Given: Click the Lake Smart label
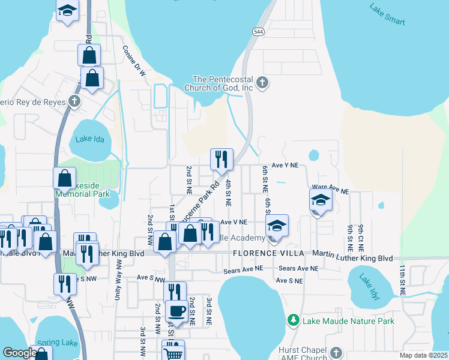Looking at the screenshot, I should [388, 14].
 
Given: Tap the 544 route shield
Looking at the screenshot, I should [257, 32].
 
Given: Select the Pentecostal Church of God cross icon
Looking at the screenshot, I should [262, 83].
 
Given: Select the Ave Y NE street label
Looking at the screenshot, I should [285, 165].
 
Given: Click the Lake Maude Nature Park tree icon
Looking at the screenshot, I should [294, 321].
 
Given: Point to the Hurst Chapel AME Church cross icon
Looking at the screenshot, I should [336, 352].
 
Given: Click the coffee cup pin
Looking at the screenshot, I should [176, 311].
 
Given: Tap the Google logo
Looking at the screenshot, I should [20, 353].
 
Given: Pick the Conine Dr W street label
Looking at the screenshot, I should [134, 61].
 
